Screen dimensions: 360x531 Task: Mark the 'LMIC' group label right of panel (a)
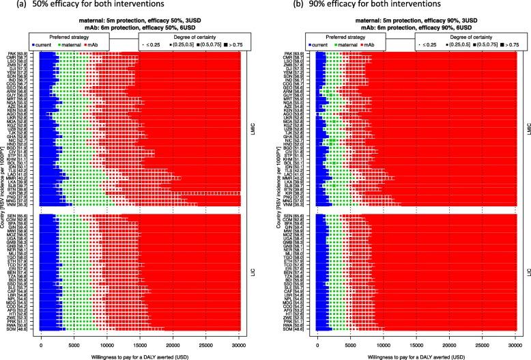point(252,128)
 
